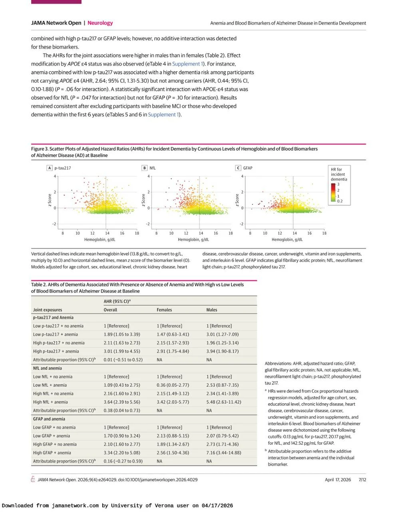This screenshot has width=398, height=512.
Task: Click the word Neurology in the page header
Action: (x=100, y=23)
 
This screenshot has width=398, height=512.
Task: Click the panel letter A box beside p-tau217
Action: (x=50, y=168)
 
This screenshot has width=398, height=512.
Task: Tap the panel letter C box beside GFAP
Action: (x=238, y=168)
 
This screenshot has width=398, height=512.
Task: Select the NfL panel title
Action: (x=153, y=168)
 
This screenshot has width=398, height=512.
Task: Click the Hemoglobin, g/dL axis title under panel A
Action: (x=99, y=240)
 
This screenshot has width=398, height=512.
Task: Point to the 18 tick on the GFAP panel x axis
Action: (x=324, y=233)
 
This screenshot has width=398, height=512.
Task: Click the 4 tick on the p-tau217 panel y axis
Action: (x=55, y=176)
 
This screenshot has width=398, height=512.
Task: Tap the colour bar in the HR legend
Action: (x=333, y=192)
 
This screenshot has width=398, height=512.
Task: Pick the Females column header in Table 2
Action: (x=164, y=310)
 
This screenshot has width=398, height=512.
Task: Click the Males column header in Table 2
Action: (x=212, y=310)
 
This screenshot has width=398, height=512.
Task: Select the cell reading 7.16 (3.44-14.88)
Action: (x=224, y=453)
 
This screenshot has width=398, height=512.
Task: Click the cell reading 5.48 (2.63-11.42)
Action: (x=224, y=402)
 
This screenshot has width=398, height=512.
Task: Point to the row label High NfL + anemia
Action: (x=50, y=402)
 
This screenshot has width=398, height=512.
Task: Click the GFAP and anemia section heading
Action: (x=49, y=419)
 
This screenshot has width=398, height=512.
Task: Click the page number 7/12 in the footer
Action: (x=362, y=480)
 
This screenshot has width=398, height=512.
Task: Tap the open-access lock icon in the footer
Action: (x=33, y=480)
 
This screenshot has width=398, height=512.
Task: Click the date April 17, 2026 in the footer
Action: (x=338, y=480)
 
